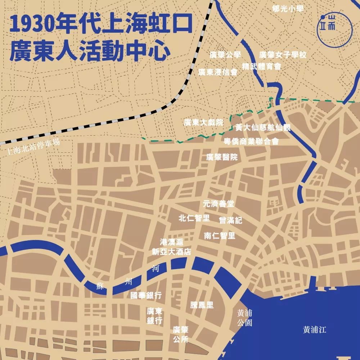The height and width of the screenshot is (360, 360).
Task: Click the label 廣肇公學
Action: point(225,55)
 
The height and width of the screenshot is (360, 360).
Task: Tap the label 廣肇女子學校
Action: point(283,55)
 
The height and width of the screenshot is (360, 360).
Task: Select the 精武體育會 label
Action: point(261,66)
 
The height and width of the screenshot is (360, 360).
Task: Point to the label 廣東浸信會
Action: point(218,72)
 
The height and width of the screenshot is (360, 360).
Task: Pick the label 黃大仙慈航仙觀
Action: point(262,128)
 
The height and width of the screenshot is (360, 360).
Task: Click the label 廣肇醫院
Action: point(222,157)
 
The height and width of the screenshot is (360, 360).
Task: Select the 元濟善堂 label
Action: point(219,204)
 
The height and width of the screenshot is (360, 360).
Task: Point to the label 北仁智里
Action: point(194,218)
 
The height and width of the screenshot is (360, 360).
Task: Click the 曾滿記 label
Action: point(230,220)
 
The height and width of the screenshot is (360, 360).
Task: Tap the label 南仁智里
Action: point(220,236)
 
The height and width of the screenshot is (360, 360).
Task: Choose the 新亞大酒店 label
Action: point(171,252)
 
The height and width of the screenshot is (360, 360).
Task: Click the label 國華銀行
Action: point(146,296)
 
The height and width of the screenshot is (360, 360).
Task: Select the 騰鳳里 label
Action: point(202,305)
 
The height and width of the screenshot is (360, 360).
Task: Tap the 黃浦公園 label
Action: point(244,318)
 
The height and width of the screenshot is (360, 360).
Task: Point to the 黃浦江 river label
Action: point(314,329)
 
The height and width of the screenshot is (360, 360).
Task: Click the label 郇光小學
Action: point(288,9)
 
